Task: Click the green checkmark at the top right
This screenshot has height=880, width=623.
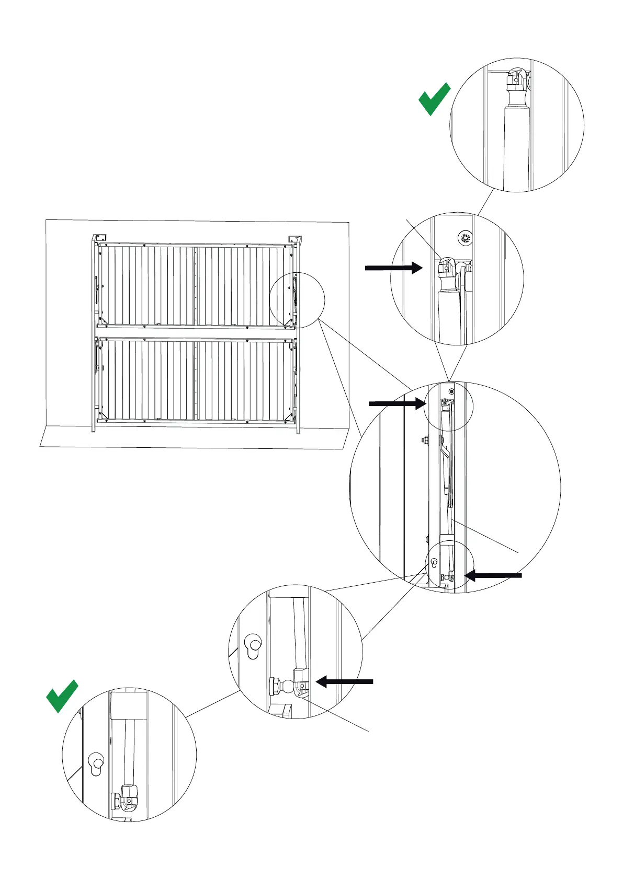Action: (x=434, y=99)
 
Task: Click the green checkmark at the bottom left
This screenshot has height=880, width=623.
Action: (x=62, y=696)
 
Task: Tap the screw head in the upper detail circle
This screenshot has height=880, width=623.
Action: (x=465, y=239)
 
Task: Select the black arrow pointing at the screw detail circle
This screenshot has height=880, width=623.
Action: (x=393, y=268)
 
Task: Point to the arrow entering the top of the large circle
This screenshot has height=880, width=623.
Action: (x=397, y=403)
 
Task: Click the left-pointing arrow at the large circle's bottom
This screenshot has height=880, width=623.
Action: (x=493, y=575)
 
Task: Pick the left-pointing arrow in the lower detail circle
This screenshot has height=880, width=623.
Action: (x=345, y=681)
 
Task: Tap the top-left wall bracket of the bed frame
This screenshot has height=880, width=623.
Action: (x=100, y=239)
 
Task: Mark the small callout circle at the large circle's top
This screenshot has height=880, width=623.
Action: (x=449, y=407)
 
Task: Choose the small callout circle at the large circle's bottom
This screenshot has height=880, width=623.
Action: (x=450, y=566)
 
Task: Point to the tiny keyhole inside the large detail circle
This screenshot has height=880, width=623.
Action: (x=434, y=563)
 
